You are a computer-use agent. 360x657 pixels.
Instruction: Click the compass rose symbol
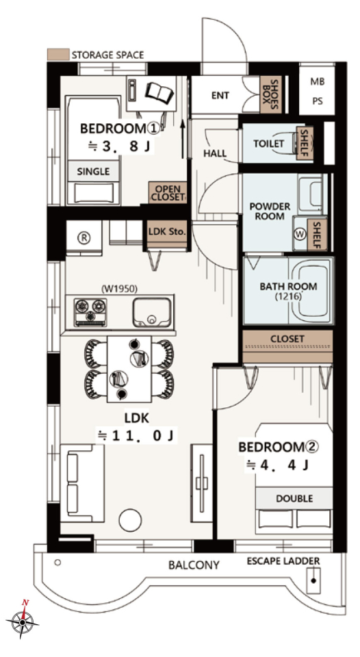(x=22, y=621)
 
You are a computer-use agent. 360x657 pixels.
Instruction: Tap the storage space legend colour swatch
(x=58, y=55)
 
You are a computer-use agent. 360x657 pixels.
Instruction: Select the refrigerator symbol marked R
(x=83, y=237)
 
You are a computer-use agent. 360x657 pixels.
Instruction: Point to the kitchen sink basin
(x=152, y=312)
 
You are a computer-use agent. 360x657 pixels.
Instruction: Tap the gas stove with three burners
(x=90, y=312)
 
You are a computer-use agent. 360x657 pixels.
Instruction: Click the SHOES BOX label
(x=270, y=94)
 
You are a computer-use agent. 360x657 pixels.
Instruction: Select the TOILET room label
(x=269, y=143)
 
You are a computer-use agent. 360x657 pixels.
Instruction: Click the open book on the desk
(x=159, y=93)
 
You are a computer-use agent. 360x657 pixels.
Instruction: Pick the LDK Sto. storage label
(x=167, y=231)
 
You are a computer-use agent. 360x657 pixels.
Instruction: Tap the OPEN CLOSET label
(x=168, y=193)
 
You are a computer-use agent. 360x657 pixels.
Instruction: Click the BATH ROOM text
(x=288, y=287)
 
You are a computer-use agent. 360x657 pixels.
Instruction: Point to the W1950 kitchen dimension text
(x=120, y=288)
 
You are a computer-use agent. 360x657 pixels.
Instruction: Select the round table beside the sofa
(x=130, y=520)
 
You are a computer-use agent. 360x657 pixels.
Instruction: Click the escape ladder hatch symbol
(x=313, y=580)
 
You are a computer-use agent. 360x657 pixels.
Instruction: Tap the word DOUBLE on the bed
(x=294, y=499)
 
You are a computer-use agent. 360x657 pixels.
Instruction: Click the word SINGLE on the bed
(x=93, y=171)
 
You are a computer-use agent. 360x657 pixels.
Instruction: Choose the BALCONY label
(x=194, y=565)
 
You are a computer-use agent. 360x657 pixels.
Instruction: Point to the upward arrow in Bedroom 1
(x=183, y=140)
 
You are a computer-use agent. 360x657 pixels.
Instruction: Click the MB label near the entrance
(x=318, y=81)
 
